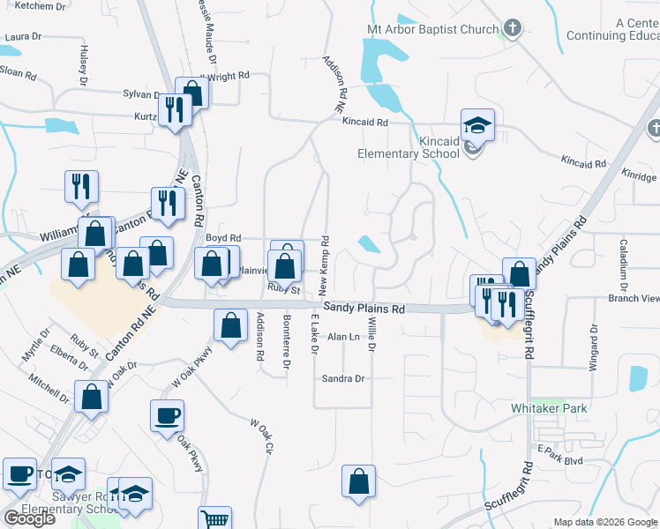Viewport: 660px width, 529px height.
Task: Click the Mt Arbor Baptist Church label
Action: (x=432, y=29)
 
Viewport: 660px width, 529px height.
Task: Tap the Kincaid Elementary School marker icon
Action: (x=477, y=125)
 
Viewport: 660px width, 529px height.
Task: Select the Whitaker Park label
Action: (x=549, y=408)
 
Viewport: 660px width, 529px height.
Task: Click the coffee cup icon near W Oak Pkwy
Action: (x=167, y=416)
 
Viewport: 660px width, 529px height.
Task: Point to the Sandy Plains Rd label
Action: (x=364, y=309)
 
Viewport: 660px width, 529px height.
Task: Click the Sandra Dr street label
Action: (x=343, y=378)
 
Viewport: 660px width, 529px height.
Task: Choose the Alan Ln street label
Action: (x=343, y=337)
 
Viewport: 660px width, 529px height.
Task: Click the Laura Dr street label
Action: (x=24, y=37)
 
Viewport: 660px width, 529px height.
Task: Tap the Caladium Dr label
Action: (x=623, y=265)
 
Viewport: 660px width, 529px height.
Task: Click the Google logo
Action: (x=29, y=518)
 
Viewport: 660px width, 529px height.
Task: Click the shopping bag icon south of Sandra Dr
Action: (x=359, y=481)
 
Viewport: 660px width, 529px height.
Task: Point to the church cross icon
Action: (x=511, y=28)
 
